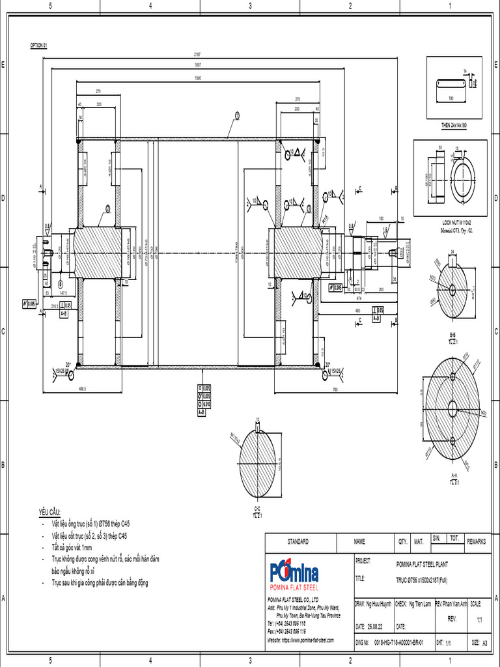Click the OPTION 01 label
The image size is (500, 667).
(38, 46)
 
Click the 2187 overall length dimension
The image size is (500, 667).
(197, 54)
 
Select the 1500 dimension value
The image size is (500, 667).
(197, 78)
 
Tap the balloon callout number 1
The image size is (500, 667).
(238, 115)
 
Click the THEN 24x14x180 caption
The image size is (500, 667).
(454, 124)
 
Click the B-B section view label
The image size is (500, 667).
(452, 333)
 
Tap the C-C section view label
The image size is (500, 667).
(257, 509)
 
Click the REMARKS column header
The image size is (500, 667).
(477, 542)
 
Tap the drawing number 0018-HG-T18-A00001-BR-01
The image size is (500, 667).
(398, 642)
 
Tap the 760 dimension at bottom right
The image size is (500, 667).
(334, 390)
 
